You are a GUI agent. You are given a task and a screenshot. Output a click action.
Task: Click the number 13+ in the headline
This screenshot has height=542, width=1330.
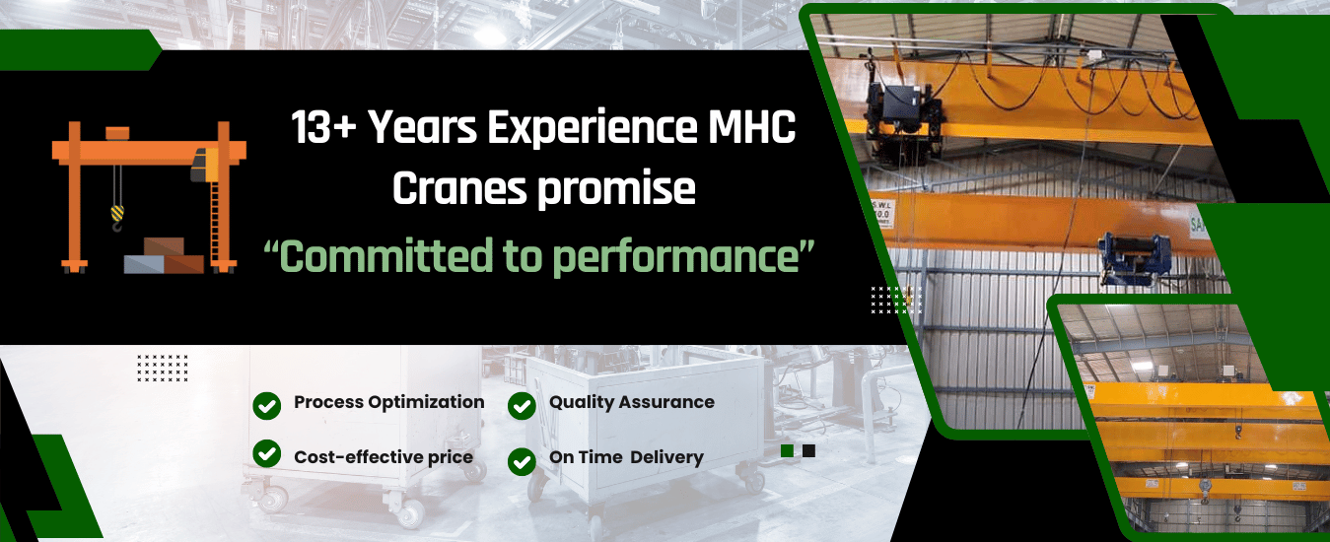pyautogui.click(x=323, y=128)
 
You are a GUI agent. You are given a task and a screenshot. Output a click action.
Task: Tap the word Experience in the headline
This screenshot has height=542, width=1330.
pyautogui.click(x=593, y=129)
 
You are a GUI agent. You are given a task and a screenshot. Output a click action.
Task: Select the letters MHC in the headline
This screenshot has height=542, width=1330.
pyautogui.click(x=751, y=127)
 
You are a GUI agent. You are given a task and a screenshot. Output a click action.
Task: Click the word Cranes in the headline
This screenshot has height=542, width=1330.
pyautogui.click(x=459, y=189)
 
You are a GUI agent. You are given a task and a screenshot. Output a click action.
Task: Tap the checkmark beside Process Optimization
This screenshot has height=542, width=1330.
pyautogui.click(x=266, y=406)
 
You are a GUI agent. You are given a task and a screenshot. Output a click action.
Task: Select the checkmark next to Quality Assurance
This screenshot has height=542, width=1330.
pyautogui.click(x=522, y=406)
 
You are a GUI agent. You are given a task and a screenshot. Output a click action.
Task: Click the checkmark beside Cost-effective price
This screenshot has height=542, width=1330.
pyautogui.click(x=266, y=453)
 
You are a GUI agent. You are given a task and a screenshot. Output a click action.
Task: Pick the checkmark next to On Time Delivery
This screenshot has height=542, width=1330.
pyautogui.click(x=522, y=461)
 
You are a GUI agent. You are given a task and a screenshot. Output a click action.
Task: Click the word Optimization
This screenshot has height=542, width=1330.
pyautogui.click(x=426, y=403)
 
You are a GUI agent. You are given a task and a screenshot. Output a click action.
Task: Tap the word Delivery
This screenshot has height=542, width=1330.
pyautogui.click(x=666, y=457)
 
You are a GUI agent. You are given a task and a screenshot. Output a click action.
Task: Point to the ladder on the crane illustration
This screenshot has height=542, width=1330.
pyautogui.click(x=215, y=223)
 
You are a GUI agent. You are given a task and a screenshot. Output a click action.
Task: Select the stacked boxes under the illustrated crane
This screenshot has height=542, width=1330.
pyautogui.click(x=164, y=256)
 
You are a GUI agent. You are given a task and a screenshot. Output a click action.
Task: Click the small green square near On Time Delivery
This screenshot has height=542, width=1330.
pyautogui.click(x=788, y=451)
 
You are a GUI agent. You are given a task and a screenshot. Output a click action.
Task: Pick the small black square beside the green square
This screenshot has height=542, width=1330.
pyautogui.click(x=808, y=451)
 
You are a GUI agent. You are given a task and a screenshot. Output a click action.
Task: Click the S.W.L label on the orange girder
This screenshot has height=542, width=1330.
pyautogui.click(x=882, y=213)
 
